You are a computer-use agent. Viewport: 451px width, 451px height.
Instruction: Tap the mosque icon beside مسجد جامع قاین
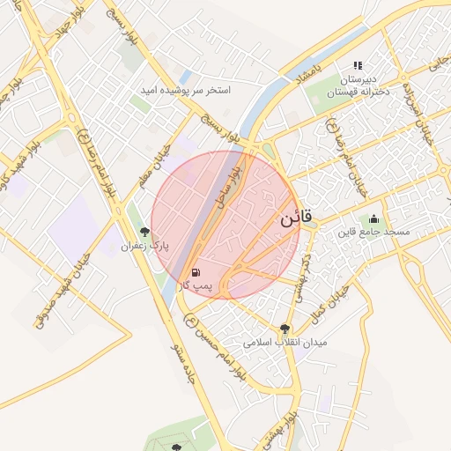click(x=374, y=219)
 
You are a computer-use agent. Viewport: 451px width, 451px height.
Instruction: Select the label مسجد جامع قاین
click(x=377, y=232)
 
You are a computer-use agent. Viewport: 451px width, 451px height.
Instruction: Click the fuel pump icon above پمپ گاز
click(x=195, y=272)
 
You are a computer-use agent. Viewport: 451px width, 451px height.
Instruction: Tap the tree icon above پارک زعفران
click(x=144, y=232)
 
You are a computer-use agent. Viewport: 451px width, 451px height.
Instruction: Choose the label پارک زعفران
click(x=144, y=245)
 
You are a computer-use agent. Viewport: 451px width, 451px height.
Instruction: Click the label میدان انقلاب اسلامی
click(x=285, y=341)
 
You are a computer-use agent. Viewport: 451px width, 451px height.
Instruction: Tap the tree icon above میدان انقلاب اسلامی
click(x=283, y=328)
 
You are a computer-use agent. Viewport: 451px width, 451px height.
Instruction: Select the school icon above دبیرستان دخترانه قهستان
click(x=358, y=65)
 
